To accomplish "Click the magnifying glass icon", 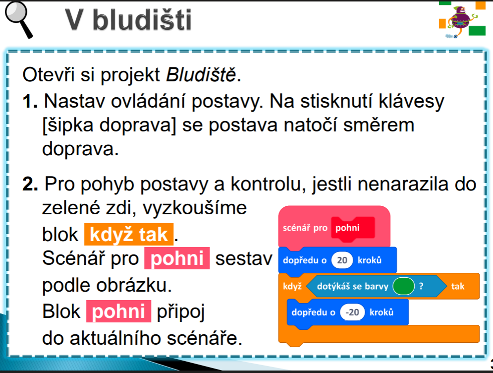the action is click(18, 19).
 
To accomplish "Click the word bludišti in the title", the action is click(142, 19).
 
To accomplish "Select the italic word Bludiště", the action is click(201, 75).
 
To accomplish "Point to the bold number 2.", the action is click(30, 184).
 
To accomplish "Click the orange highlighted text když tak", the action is click(129, 235).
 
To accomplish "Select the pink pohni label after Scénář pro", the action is click(177, 258).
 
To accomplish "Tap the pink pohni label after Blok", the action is click(119, 311).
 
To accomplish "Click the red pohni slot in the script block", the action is click(353, 228).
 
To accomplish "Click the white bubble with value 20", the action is click(342, 260).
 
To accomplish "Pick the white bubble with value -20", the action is click(352, 312).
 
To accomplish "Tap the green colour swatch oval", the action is click(403, 286).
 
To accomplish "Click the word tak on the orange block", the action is click(458, 286).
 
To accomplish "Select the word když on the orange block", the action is click(292, 286).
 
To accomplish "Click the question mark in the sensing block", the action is click(421, 286).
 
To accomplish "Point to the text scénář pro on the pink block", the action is click(305, 228).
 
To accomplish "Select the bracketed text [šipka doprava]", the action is click(109, 125).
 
